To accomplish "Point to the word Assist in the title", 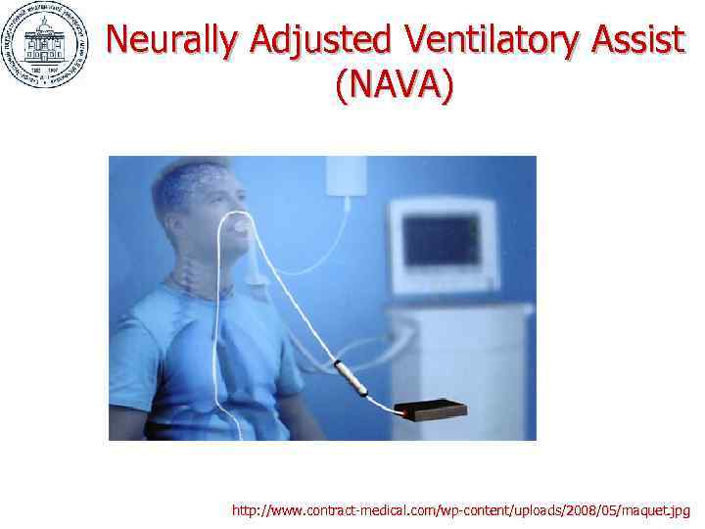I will tap(638, 41).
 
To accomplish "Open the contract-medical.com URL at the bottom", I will tap(460, 510).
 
